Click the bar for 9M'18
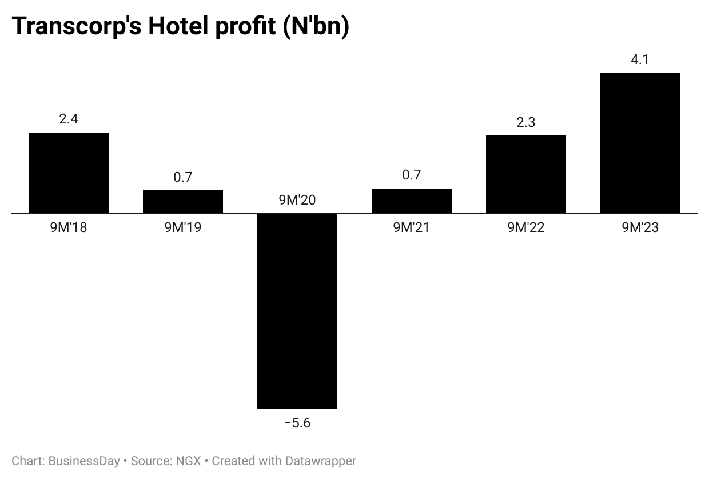pos(69,173)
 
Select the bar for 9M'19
pos(183,202)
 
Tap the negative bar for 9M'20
pos(297,311)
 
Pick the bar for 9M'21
pos(412,201)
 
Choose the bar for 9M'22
pos(526,174)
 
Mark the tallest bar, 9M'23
pos(640,143)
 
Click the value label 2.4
pos(69,119)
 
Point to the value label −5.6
pos(297,423)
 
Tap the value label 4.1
pos(640,59)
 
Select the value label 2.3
pos(526,122)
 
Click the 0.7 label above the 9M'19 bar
pos(183,177)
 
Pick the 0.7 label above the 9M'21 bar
pos(412,175)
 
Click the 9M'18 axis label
pos(69,227)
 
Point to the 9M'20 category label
pos(297,200)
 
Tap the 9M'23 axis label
pos(640,227)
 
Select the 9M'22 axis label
pos(526,227)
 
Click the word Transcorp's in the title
pos(77,27)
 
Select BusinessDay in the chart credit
pos(84,461)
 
